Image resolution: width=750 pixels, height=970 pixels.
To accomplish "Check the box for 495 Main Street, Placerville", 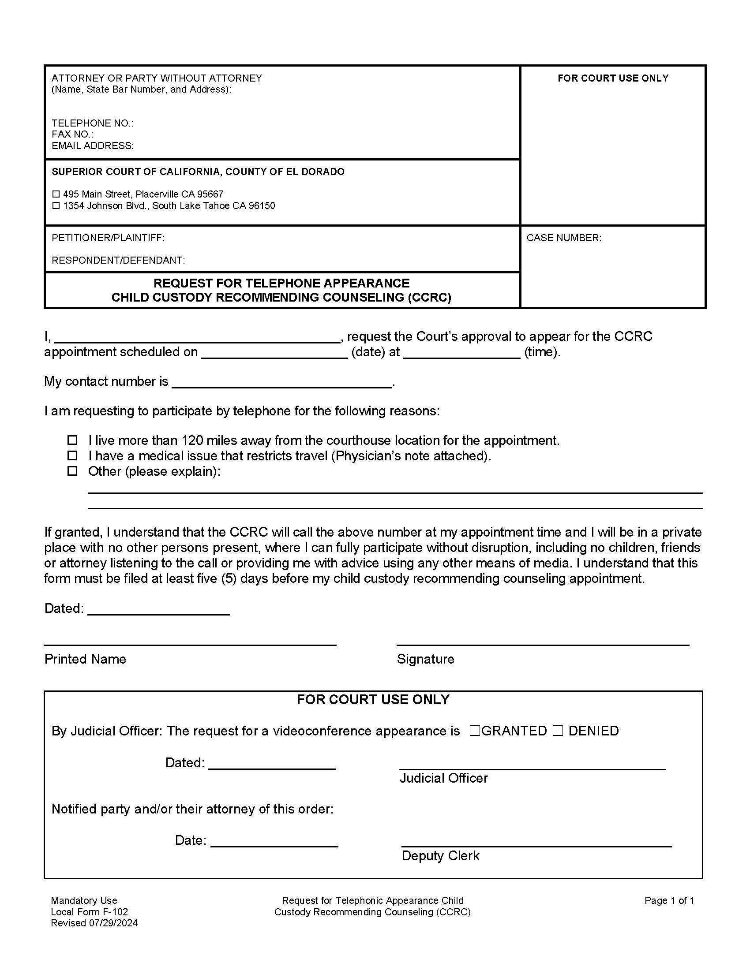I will pos(56,194).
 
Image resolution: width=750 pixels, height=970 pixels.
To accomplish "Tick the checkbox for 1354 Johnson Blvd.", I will pos(56,205).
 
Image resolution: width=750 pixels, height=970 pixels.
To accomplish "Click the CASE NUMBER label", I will pos(563,238).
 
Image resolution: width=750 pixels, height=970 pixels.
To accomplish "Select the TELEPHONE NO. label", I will pos(92,123).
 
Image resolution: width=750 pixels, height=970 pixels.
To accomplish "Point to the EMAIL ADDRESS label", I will pos(92,145).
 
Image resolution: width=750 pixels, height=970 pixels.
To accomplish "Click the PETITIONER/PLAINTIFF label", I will pos(108,238).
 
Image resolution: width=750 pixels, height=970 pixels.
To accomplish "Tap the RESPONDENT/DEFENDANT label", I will pos(118,260).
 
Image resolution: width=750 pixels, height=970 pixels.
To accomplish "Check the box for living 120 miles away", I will pos(72,440).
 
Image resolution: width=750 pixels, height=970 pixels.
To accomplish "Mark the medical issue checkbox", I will pos(72,455).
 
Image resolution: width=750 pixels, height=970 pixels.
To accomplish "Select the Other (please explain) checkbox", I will pos(72,471).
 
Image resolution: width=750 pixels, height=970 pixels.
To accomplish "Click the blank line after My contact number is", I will pos(282,383).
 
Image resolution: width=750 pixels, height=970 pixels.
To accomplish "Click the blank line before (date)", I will pos(274,354).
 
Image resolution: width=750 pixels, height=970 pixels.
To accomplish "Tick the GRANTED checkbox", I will pos(475,731).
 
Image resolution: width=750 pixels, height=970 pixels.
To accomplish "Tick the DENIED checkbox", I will pos(558,731).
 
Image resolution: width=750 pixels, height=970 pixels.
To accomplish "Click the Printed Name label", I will pos(85,659).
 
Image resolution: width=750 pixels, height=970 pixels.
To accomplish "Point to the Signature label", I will pos(425,659).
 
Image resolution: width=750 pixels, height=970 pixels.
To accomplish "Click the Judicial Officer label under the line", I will pos(443,778).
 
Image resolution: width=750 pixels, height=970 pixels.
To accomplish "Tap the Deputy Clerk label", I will pos(440,856).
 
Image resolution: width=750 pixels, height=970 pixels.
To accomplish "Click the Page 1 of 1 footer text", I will pos(669,900).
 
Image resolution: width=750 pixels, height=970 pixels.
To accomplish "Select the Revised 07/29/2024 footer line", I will pos(94,923).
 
